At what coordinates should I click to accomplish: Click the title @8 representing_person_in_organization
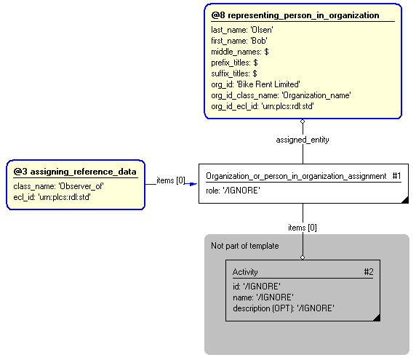295,15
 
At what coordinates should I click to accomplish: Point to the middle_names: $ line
240,52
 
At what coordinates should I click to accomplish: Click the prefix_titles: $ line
234,63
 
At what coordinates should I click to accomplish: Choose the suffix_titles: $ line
234,73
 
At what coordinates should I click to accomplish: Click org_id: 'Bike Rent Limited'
255,84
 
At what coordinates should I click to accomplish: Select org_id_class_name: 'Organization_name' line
281,95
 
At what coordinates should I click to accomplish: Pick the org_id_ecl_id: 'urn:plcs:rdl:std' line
263,106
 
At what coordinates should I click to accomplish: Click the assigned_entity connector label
303,139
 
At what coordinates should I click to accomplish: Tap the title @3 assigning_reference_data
75,172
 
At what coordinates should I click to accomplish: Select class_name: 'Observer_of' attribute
58,186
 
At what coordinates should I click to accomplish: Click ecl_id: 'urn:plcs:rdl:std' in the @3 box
52,197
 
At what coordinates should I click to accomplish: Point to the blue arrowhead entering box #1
193,183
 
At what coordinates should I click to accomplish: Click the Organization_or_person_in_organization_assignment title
296,176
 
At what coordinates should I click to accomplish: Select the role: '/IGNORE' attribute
233,191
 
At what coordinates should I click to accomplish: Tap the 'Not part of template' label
244,246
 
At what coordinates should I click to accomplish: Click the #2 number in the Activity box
368,272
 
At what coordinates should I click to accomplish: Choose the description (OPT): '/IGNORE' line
283,308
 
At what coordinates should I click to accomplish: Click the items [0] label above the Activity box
303,228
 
